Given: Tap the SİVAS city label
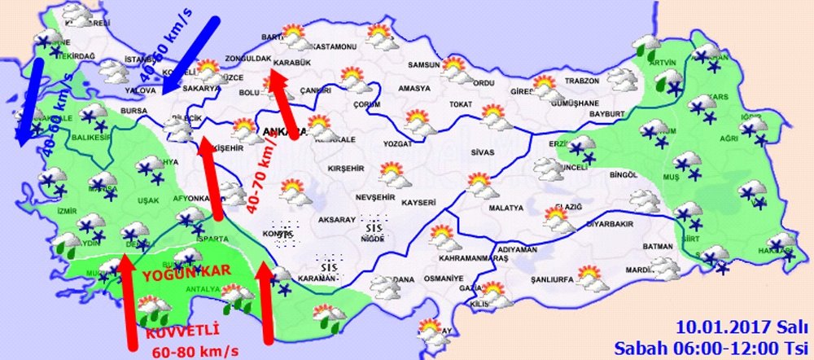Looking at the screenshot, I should click(483, 152).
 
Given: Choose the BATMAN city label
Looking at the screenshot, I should click(657, 246).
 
